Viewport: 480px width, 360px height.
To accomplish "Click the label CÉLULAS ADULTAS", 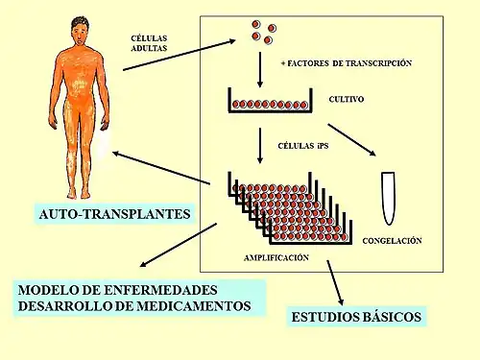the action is [x=149, y=43].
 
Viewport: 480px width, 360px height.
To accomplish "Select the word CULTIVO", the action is [x=347, y=99].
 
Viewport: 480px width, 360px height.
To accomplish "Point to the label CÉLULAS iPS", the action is [x=303, y=146].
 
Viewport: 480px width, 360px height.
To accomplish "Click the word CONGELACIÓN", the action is [x=392, y=241].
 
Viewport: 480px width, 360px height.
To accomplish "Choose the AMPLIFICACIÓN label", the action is [x=276, y=257].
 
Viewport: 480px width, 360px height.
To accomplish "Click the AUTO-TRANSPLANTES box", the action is [x=114, y=214].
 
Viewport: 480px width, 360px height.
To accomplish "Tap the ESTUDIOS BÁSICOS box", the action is [x=356, y=317].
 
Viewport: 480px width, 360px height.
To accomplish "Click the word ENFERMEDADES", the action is [x=160, y=290].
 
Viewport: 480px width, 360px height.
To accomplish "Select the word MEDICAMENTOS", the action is [x=194, y=306].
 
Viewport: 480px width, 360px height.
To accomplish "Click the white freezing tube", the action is [x=389, y=199].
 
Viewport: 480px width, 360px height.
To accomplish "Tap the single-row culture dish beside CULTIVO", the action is [x=270, y=100].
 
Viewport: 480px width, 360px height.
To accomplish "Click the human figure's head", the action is [x=80, y=31].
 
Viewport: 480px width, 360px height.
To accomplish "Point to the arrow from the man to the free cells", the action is [x=180, y=55].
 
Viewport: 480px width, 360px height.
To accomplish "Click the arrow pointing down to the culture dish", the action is [x=260, y=70].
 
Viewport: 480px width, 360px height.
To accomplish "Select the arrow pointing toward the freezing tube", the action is [x=351, y=140].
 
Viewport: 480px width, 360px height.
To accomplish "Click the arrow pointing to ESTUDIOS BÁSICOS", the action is [x=335, y=283].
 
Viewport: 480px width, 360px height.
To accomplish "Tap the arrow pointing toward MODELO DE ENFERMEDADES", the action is [x=179, y=245].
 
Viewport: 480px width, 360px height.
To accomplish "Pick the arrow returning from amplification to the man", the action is [x=161, y=168].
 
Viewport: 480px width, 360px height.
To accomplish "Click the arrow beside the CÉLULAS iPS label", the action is [x=260, y=146].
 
